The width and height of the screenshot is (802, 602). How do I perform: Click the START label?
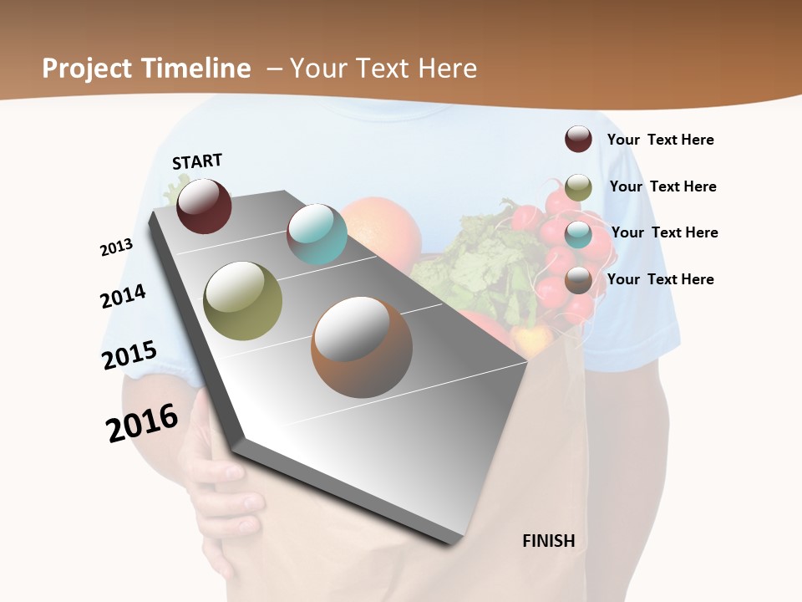197,161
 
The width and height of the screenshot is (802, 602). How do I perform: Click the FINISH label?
549,541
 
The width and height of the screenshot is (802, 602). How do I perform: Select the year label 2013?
116,247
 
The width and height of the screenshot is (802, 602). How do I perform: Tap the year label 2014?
123,297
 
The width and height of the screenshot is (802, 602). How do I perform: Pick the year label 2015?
129,355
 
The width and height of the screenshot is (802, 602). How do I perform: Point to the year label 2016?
142,422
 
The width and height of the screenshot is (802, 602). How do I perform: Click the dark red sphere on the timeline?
204,206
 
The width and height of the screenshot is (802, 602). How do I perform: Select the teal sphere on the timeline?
317,234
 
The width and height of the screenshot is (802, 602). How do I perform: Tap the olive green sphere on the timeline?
243,300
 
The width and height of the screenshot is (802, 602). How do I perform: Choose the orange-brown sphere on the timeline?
362,347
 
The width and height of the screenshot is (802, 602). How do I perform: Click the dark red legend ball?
578,139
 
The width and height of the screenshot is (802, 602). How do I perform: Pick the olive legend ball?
578,187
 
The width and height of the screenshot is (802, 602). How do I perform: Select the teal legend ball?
578,234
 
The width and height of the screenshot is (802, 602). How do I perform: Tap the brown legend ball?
578,280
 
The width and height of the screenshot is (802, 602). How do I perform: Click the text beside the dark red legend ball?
660,140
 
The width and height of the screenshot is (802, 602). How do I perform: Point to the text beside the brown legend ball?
660,279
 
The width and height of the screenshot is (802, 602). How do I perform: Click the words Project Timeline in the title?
146,69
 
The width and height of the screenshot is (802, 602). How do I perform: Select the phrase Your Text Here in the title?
383,69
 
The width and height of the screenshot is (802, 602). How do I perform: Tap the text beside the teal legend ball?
664,232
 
